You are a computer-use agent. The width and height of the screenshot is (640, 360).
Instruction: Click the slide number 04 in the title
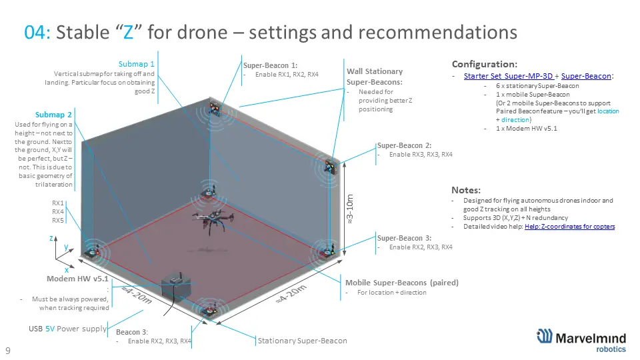point(37,32)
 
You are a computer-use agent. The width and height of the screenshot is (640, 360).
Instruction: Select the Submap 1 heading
point(136,64)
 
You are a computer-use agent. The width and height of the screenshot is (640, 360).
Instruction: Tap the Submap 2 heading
point(53,115)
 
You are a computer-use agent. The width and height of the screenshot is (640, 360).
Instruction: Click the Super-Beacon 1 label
point(270,65)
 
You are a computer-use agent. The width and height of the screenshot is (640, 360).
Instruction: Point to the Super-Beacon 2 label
point(404,145)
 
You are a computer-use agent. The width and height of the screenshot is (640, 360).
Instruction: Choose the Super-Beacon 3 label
point(404,238)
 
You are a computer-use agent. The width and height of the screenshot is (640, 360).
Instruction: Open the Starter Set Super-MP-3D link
point(508,76)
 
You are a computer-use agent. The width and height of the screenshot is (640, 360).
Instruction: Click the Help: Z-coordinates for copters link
point(570,227)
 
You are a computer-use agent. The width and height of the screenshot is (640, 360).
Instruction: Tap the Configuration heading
point(485,64)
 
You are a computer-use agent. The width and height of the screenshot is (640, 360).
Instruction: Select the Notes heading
point(466,190)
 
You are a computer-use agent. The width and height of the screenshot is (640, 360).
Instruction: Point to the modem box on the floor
point(177,287)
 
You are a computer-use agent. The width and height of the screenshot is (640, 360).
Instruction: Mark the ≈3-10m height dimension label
point(349,209)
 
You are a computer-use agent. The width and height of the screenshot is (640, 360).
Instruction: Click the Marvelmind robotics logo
point(581,340)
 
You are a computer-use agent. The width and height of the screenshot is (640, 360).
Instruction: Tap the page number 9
point(8,350)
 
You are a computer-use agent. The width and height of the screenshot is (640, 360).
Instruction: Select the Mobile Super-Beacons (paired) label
point(402,283)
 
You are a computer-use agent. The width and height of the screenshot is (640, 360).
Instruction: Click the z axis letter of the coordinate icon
point(51,238)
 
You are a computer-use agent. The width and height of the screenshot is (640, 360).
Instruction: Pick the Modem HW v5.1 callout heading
point(77,279)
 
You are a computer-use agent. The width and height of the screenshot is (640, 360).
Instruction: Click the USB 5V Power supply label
point(67,329)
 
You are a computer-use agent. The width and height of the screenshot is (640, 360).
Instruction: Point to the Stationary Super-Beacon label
point(303,341)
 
